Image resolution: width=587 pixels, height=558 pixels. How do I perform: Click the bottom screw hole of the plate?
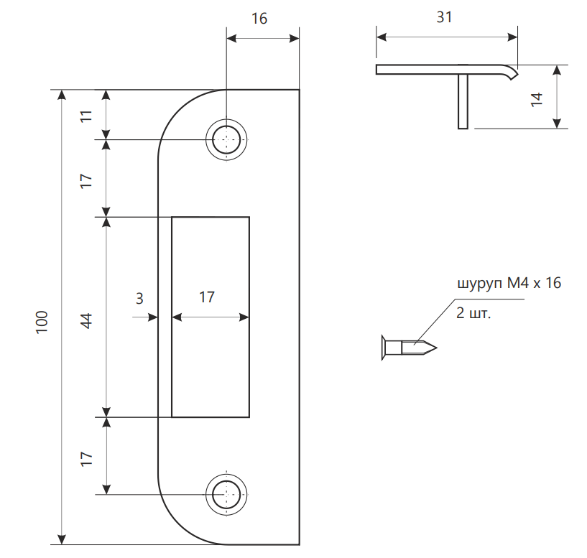[x=226, y=494]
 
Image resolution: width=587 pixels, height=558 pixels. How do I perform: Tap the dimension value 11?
[x=86, y=115]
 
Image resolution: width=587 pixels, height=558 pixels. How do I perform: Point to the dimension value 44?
[x=86, y=320]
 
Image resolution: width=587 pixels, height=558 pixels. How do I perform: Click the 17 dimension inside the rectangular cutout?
[x=207, y=297]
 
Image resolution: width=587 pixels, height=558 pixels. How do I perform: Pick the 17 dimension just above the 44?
[x=86, y=180]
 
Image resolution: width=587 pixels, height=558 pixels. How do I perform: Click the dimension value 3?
[x=140, y=297]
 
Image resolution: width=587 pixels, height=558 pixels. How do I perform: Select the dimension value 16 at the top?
[x=259, y=19]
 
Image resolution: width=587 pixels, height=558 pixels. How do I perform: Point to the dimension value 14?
[x=537, y=98]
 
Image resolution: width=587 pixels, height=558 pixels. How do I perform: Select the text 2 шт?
[x=473, y=314]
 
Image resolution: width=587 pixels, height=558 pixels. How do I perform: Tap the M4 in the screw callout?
[x=517, y=284]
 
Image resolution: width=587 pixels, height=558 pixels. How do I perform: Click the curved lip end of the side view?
[x=512, y=73]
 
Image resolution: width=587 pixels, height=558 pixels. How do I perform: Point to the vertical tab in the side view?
[x=463, y=101]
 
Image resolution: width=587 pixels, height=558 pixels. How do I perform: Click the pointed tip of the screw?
[x=434, y=348]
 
